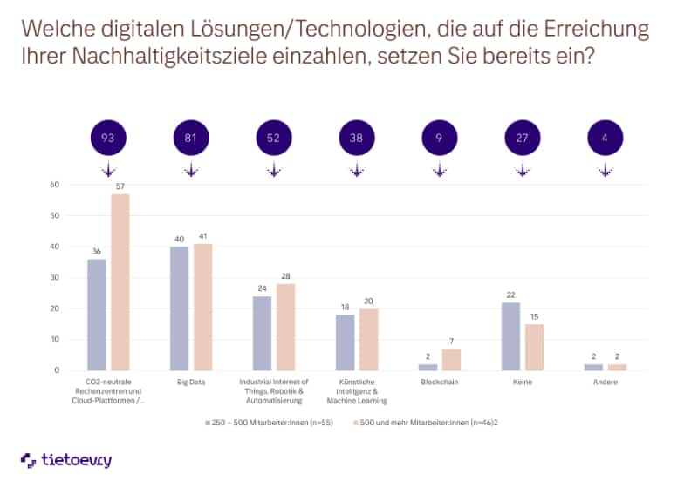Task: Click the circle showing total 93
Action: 107,137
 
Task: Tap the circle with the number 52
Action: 273,137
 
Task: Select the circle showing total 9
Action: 439,137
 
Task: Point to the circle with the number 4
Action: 605,137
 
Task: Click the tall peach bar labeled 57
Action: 120,281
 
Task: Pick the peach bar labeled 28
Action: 285,327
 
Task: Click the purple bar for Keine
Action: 511,336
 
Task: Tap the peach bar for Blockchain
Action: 451,359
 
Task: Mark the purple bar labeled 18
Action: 346,342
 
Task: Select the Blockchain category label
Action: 440,382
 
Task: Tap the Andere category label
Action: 606,382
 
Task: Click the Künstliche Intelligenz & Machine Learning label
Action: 356,391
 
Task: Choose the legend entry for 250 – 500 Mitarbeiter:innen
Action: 266,421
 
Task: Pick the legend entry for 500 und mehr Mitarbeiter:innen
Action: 428,421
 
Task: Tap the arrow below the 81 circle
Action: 190,171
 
